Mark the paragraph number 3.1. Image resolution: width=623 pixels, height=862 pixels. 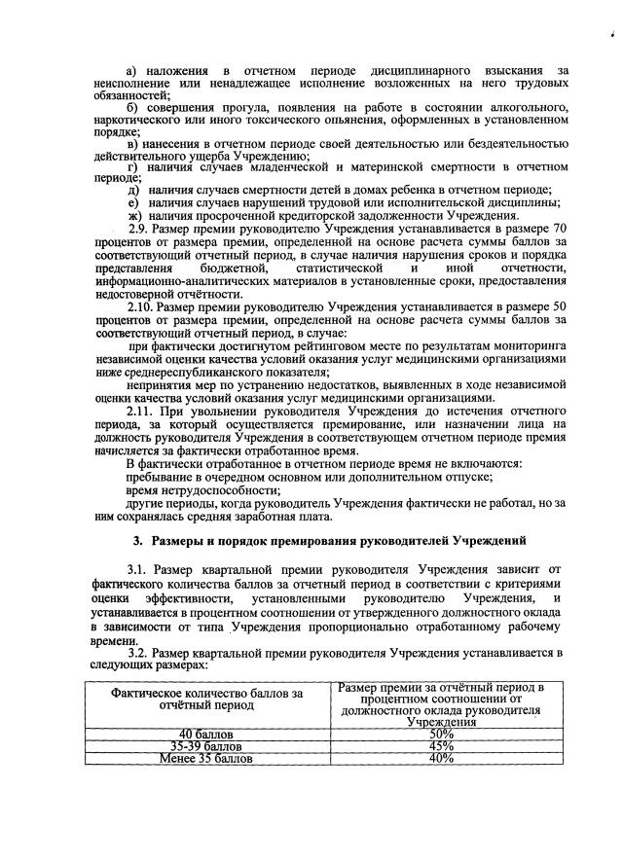139,566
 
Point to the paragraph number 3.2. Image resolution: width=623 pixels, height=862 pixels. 139,654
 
